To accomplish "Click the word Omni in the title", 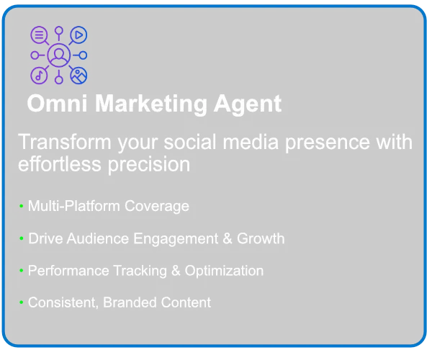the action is [58, 103].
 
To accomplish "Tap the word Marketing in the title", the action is [151, 104].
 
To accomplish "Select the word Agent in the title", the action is [248, 104].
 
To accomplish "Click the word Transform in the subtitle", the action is [65, 142].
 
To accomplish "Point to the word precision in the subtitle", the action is [149, 166].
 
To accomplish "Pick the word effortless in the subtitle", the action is [60, 164].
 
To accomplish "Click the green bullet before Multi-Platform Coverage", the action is [21, 206].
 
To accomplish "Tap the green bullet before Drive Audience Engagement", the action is [21, 238].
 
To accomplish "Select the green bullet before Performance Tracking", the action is [21, 271].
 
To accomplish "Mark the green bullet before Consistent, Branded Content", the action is [21, 302].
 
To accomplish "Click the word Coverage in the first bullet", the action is [157, 207].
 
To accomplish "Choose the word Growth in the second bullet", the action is [261, 238].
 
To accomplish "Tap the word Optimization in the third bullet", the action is [224, 271].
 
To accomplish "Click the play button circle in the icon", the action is [78, 35].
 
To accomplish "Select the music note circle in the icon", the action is [39, 76].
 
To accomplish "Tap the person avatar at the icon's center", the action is [59, 55].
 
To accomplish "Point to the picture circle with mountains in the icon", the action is [78, 76].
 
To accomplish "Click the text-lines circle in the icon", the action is [39, 35].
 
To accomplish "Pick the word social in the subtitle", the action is [190, 142].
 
